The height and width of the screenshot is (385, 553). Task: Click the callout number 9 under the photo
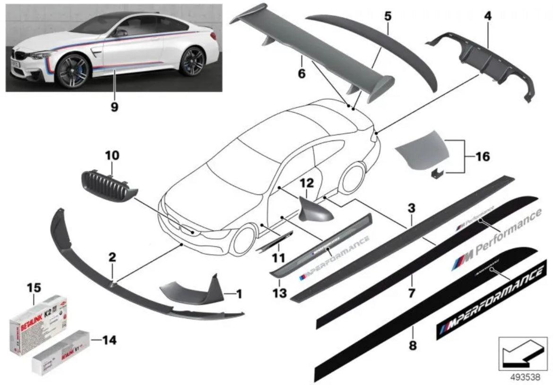coord(114,107)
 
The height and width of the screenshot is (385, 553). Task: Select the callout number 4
coord(487,16)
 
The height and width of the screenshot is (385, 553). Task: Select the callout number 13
coord(279,293)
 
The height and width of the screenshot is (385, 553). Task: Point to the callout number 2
coord(112,257)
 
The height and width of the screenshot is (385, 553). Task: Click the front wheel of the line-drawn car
coord(242,239)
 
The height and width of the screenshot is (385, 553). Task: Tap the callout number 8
coord(413,345)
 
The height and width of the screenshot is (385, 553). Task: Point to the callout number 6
coord(302,73)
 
